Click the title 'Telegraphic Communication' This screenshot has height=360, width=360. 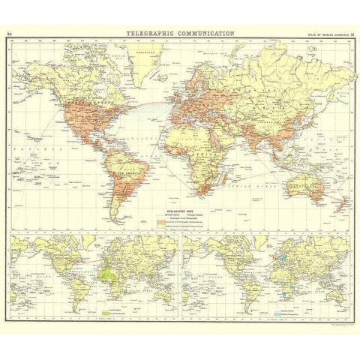(180, 34)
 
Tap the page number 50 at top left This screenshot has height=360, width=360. (8, 34)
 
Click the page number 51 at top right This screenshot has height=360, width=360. (351, 34)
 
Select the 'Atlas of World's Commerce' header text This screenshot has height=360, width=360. (325, 34)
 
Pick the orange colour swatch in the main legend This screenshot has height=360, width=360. (160, 223)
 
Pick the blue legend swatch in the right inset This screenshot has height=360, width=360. (273, 310)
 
